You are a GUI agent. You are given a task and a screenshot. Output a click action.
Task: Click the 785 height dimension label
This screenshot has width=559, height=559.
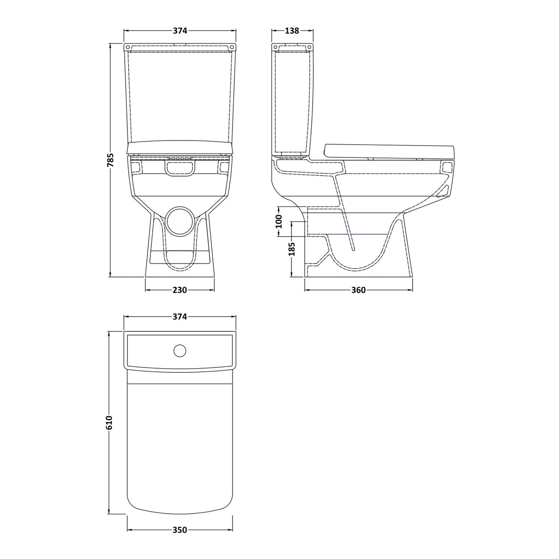point(111,160)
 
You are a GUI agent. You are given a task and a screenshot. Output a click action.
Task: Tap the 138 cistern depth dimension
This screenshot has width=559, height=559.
point(292,31)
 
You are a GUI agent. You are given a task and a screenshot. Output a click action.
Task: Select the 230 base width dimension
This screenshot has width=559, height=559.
point(179,290)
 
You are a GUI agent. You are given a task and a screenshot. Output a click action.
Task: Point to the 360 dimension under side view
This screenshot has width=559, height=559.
point(358,290)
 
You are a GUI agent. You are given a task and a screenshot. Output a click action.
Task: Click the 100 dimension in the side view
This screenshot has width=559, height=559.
point(279,221)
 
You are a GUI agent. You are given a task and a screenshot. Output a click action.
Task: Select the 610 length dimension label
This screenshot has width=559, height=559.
point(111,423)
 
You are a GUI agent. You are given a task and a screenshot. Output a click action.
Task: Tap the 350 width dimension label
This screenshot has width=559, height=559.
point(179,530)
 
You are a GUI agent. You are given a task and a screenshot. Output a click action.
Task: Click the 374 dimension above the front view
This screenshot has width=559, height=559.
point(179,31)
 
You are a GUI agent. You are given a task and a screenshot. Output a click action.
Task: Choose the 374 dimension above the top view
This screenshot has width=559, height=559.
point(179,317)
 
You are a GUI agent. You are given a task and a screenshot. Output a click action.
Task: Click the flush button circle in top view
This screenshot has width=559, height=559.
point(180,350)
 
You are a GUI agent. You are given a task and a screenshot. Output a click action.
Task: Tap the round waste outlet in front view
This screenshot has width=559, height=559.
point(180,220)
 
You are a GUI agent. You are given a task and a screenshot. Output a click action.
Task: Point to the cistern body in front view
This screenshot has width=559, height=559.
point(180,95)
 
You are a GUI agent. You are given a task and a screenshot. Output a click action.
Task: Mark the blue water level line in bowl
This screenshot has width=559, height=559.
point(359,234)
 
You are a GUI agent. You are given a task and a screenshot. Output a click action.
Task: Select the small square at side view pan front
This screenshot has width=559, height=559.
point(447,167)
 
